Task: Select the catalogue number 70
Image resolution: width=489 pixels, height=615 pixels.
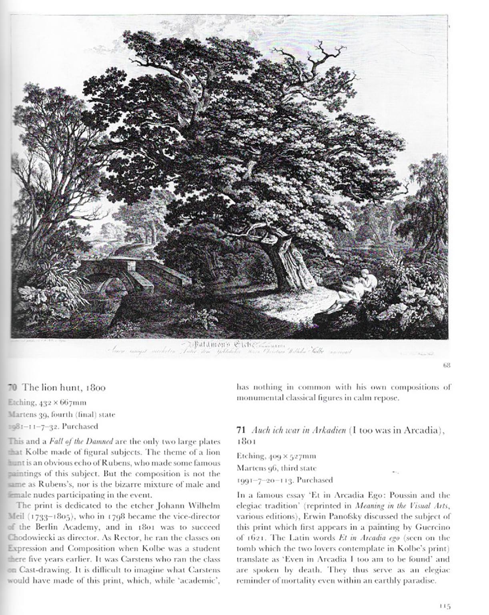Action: [12, 388]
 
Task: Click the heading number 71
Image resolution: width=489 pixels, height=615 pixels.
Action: [240, 431]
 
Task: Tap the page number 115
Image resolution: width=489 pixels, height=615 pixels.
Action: [444, 606]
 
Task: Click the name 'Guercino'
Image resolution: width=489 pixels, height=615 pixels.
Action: [435, 527]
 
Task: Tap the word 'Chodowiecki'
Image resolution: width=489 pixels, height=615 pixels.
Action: [26, 537]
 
